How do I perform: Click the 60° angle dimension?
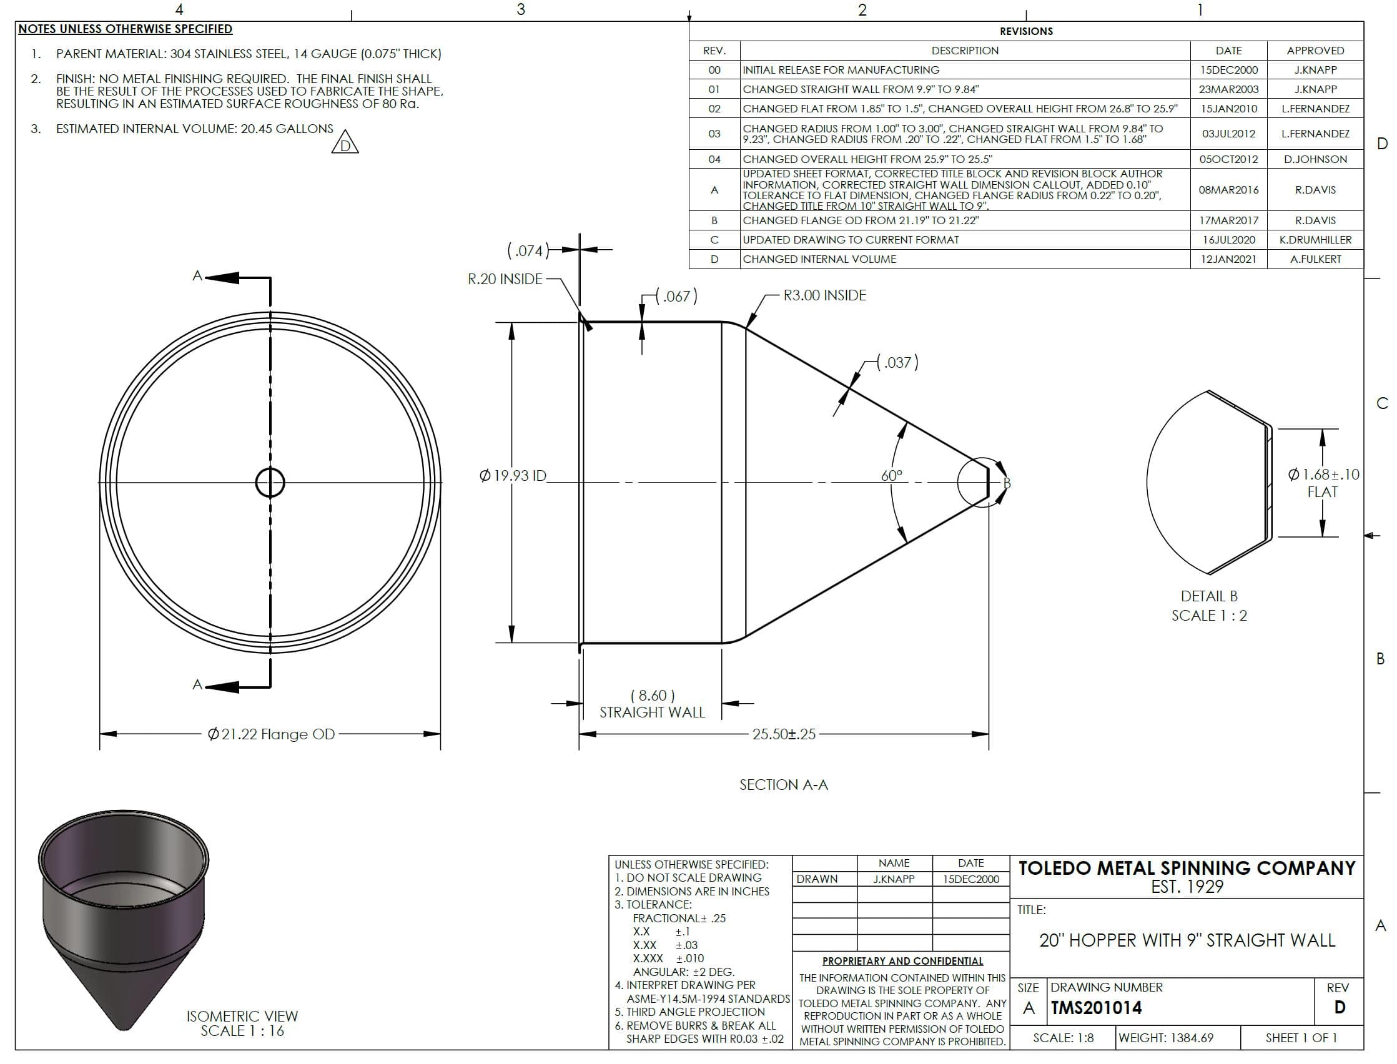(x=892, y=475)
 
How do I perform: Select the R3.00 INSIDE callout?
(x=824, y=295)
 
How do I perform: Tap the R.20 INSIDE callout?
(x=505, y=279)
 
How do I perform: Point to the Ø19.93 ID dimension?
(x=513, y=475)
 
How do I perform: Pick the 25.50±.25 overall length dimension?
(x=784, y=734)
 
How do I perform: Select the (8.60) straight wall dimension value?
(x=652, y=696)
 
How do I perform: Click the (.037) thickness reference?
(x=897, y=362)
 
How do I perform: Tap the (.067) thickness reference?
(x=676, y=296)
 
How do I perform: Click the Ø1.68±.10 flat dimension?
(x=1323, y=475)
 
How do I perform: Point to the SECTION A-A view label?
(x=783, y=785)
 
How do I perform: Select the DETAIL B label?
(x=1209, y=596)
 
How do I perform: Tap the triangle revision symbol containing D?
(x=345, y=142)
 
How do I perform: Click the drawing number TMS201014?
(x=1096, y=1008)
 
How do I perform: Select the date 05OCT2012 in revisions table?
(x=1228, y=159)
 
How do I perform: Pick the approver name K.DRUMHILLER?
(x=1315, y=240)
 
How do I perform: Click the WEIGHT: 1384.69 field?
(x=1166, y=1038)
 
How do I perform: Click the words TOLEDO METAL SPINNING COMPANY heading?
(x=1187, y=868)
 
